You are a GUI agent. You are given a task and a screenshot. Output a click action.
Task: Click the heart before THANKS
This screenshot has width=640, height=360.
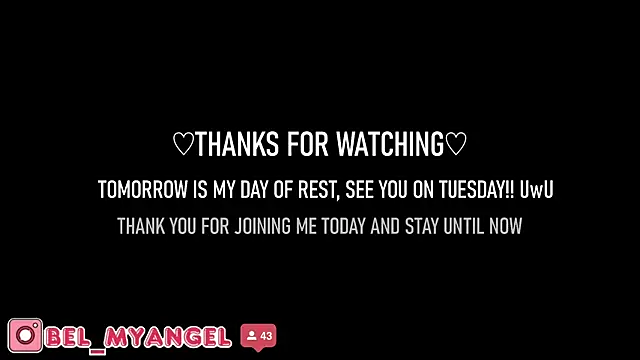tap(183, 144)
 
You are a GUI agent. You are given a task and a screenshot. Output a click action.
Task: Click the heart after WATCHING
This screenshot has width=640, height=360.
tap(456, 144)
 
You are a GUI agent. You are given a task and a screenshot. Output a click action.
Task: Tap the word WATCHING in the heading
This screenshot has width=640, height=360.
tap(390, 144)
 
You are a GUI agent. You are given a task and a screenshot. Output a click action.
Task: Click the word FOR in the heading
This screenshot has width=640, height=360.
tap(307, 144)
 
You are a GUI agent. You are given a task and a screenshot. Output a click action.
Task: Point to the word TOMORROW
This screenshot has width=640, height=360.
tap(142, 189)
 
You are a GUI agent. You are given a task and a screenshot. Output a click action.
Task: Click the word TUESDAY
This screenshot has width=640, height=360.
tap(476, 189)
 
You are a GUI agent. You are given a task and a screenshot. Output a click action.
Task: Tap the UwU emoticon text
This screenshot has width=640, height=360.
tap(536, 189)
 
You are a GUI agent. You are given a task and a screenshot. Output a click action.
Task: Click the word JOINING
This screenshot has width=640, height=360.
tap(262, 226)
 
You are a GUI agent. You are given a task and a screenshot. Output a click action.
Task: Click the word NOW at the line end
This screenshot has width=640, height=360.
tap(506, 226)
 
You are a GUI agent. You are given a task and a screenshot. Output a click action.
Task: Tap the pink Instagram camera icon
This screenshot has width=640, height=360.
tap(25, 336)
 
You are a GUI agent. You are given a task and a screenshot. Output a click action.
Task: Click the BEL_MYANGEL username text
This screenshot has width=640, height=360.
tap(138, 338)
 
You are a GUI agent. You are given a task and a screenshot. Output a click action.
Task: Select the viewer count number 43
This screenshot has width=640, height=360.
tap(266, 336)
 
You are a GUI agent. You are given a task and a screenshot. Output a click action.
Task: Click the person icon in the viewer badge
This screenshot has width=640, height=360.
tap(251, 336)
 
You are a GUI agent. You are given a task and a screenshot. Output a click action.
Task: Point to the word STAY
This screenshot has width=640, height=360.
tap(422, 226)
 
